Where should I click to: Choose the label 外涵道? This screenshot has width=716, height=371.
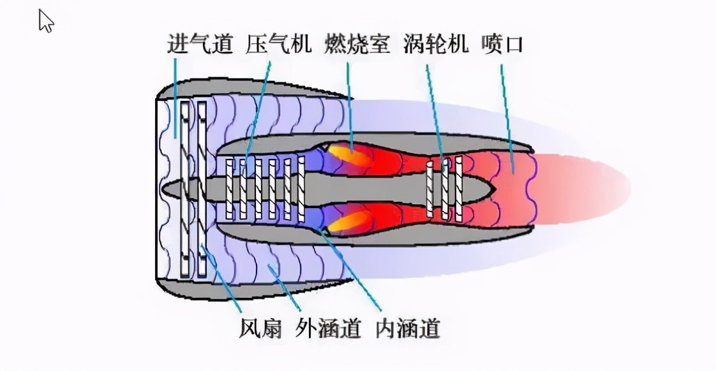click(x=328, y=329)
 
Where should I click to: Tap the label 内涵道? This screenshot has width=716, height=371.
click(x=408, y=329)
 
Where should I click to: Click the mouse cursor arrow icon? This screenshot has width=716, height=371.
click(x=46, y=21)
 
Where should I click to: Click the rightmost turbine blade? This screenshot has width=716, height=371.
click(x=459, y=188)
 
